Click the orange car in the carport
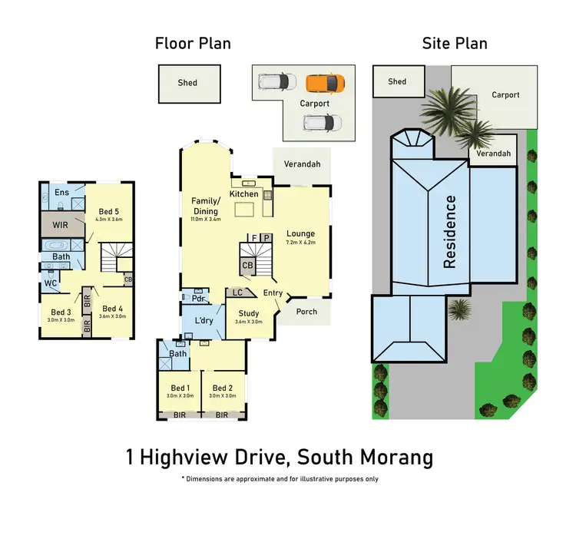tap(320, 82)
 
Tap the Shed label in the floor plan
tap(187, 83)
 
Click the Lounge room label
tap(300, 233)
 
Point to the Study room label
tap(249, 313)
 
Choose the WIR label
tap(61, 226)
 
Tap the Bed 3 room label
tap(61, 312)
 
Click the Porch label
tap(306, 312)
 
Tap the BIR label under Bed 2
tap(222, 415)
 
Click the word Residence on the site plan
tap(449, 231)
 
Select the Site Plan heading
tap(455, 43)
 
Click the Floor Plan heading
tap(193, 43)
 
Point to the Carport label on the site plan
tap(505, 95)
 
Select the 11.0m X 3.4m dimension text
tap(206, 219)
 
